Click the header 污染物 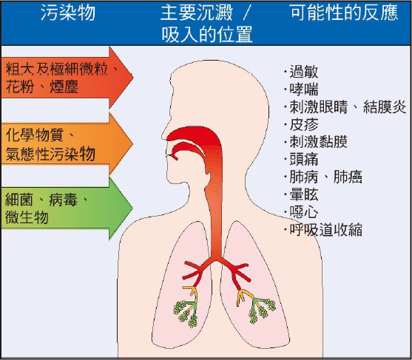(68, 13)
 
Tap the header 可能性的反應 (345, 13)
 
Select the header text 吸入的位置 (207, 35)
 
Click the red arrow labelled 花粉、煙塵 (67, 78)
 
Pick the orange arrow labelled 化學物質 (67, 143)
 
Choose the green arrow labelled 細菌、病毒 (67, 208)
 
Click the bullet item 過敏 (304, 72)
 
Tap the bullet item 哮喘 (304, 89)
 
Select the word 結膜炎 (385, 107)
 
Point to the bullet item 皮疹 (304, 124)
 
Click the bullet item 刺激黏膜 (319, 142)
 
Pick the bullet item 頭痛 (304, 160)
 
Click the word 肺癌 (348, 177)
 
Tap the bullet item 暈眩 (304, 194)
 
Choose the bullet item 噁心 (304, 212)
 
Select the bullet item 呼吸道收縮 (325, 230)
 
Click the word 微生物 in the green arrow (27, 217)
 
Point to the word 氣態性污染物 (50, 154)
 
